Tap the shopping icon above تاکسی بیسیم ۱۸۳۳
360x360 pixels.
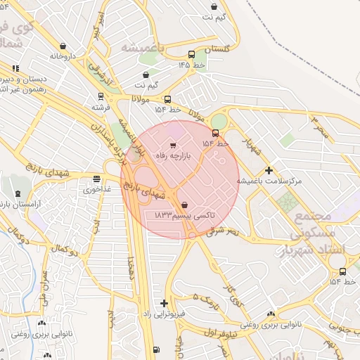coord(184,206)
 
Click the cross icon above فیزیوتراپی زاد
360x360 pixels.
coord(164,303)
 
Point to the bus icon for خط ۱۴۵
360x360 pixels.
coord(192,55)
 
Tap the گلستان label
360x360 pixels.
coord(215,50)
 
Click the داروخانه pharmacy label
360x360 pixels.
coord(62,56)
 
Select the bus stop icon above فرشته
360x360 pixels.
coord(101,98)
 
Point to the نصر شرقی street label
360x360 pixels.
coord(225,230)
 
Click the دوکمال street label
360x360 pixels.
coord(63,250)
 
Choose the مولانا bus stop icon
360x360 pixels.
coord(167,100)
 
